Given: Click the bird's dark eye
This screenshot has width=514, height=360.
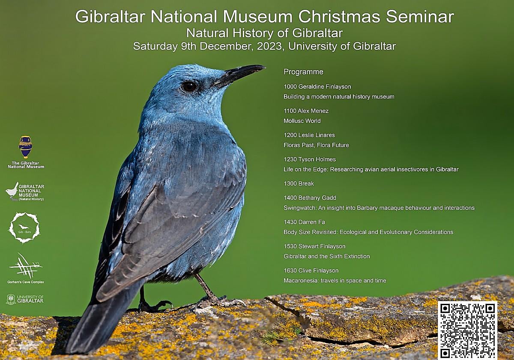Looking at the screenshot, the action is pos(189,87).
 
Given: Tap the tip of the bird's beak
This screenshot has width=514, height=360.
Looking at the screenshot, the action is pos(265,67).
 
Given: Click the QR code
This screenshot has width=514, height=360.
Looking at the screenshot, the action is pos(467,330).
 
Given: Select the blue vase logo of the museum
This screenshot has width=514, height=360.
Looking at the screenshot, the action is pos(25,147).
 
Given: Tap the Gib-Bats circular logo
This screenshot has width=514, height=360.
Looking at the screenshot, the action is pos(24,227).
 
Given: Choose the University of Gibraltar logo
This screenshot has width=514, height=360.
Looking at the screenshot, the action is pos(25,300).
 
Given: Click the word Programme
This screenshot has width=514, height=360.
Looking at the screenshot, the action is pos(303,72).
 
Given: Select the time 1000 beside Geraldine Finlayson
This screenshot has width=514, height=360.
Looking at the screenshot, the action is pos(290,87).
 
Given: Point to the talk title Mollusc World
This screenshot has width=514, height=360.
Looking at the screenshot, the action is pos(302,121).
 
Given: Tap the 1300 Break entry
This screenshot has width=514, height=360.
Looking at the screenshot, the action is pos(299,183).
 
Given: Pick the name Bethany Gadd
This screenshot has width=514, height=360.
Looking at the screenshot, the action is pos(317,198).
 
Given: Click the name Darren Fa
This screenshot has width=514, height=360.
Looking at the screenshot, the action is pos(312,222).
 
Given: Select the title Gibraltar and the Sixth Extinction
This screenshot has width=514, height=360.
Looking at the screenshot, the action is pos(327,256).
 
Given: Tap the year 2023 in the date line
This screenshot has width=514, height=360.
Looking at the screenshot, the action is pos(269,46).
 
